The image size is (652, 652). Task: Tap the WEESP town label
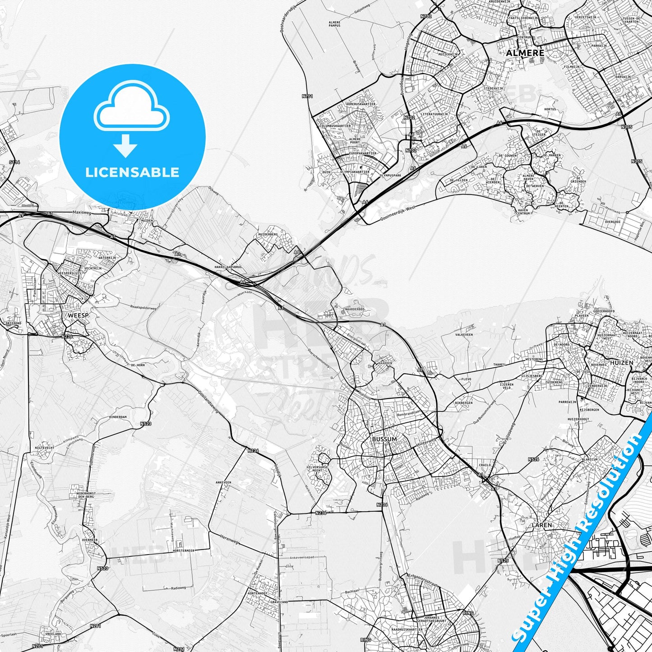[78, 315]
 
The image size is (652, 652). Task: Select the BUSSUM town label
[384, 439]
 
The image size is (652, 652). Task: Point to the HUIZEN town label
[621, 362]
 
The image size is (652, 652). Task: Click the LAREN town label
[541, 525]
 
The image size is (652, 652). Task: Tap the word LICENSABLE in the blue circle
[132, 172]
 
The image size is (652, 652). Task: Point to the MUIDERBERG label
[268, 235]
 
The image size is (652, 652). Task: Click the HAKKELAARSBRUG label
[228, 267]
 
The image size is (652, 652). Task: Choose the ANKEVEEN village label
[223, 482]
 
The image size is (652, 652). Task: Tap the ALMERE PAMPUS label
[334, 23]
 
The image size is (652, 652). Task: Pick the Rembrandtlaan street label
[409, 414]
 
